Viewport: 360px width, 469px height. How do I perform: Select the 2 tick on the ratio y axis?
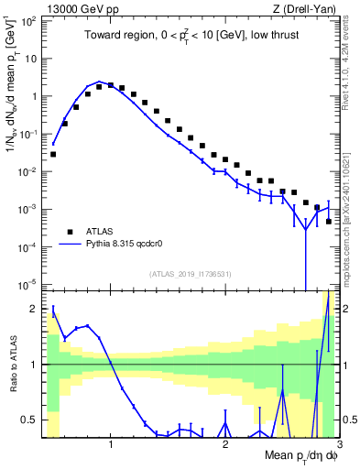(35, 309)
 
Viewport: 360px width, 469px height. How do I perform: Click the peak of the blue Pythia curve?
(100, 82)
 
